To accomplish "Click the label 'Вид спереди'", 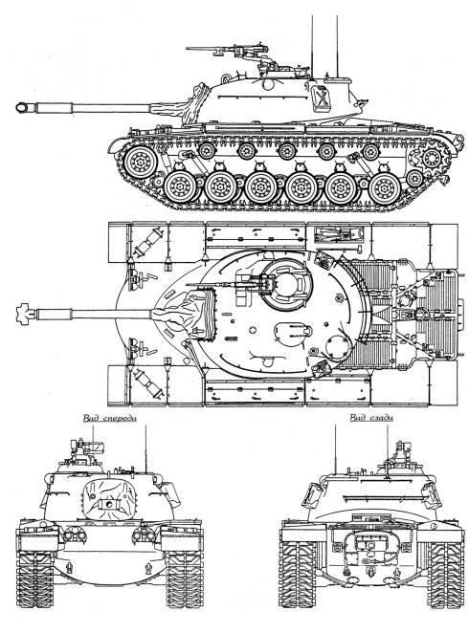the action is click(109, 418).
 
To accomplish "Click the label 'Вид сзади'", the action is click(371, 418).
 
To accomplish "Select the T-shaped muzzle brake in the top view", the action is click(26, 314).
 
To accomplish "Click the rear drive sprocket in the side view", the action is click(431, 158).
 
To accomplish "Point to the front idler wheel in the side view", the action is click(140, 163).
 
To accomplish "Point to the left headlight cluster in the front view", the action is click(75, 535).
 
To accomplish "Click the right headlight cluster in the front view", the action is click(145, 535).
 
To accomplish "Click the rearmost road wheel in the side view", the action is click(385, 187).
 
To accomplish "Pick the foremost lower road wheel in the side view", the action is click(180, 187).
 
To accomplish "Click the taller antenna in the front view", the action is click(145, 448).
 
